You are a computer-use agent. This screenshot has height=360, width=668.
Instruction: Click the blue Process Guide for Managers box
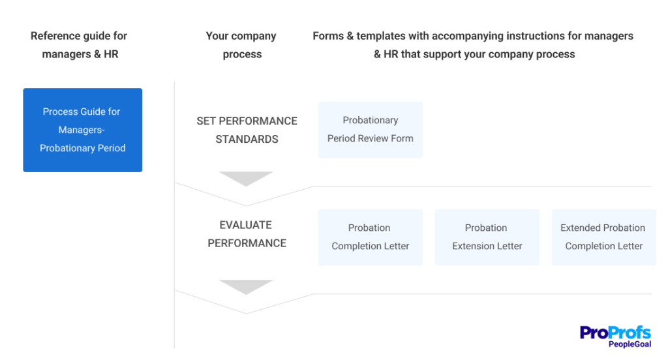coord(83,130)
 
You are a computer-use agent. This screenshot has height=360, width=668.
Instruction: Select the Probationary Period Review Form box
coord(371,130)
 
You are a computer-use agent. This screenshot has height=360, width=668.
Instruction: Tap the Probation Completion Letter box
coord(371,237)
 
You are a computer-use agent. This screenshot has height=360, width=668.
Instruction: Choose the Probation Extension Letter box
coord(487,237)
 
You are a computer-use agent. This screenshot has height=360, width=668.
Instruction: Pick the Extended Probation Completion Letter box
coord(603,237)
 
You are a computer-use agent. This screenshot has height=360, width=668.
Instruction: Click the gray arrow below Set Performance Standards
coord(246,178)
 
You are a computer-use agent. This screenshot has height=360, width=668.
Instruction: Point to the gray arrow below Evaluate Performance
coord(246,287)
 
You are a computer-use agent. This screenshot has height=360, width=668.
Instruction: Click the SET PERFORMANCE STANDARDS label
coord(247,130)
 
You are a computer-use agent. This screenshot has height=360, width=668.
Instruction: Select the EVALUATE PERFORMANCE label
coord(247,234)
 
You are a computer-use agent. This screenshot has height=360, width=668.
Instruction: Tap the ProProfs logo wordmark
coord(615,333)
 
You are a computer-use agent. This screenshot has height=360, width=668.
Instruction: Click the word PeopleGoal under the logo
coord(630,344)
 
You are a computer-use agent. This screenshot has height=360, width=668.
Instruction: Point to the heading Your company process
coord(241,45)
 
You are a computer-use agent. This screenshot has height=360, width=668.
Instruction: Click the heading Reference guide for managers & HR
coord(79,45)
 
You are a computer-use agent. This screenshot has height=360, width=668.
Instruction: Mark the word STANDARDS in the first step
coord(247,140)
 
